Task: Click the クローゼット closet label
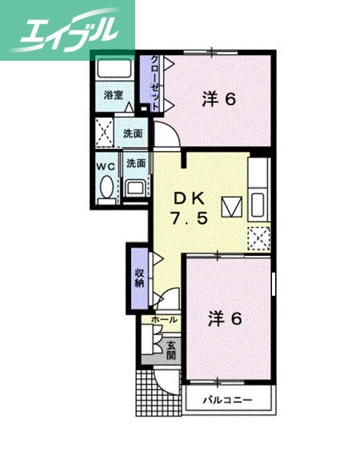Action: click(147, 83)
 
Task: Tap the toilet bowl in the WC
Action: click(106, 188)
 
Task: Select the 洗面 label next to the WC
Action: click(136, 162)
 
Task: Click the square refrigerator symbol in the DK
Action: click(232, 206)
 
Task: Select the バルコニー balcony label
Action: click(227, 399)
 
